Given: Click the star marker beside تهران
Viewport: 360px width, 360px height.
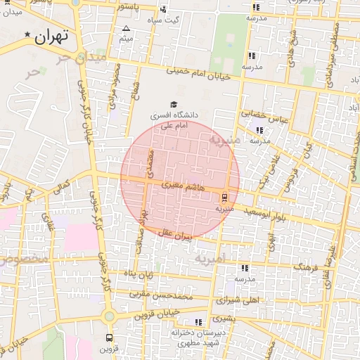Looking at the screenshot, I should click(x=28, y=34).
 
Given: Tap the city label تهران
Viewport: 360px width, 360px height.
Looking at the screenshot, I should click(x=53, y=34).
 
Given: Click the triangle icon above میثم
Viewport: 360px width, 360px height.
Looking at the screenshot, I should click(x=126, y=29).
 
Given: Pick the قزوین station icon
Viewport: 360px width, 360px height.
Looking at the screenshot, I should click(x=108, y=337).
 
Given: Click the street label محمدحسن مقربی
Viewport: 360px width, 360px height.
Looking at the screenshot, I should click(x=165, y=294).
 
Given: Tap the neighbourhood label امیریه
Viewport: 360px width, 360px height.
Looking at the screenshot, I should click(x=211, y=259).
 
